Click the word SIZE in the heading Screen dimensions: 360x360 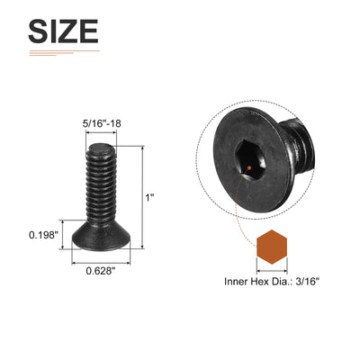click(63, 31)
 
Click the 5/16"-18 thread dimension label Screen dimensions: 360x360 click(102, 123)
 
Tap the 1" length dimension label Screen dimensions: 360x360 click(149, 198)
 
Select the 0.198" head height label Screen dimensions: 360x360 click(43, 235)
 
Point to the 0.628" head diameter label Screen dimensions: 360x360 click(101, 271)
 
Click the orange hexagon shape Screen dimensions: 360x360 click(272, 247)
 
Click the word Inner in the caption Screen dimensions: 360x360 click(236, 282)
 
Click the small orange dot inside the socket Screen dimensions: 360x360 click(249, 167)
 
